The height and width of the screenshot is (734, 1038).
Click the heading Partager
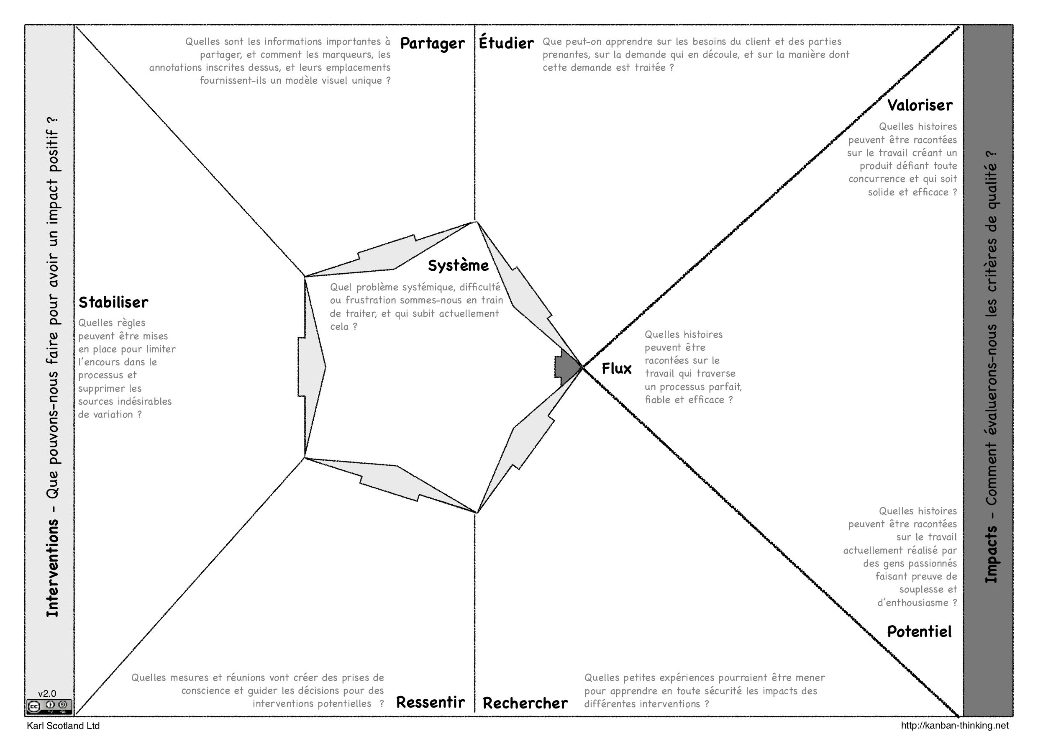[432, 44]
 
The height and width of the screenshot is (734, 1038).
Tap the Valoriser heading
[920, 105]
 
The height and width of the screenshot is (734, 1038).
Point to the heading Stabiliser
[113, 302]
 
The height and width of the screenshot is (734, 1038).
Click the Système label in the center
[459, 265]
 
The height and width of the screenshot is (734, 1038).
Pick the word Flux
[617, 369]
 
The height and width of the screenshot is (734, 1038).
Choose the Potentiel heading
[919, 631]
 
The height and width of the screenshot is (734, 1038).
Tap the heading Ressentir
[431, 702]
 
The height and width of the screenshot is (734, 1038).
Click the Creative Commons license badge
[49, 706]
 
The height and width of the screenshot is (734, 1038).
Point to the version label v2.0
[47, 693]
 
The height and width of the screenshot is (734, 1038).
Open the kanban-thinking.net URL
[955, 725]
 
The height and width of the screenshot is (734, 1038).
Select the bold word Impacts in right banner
[991, 554]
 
